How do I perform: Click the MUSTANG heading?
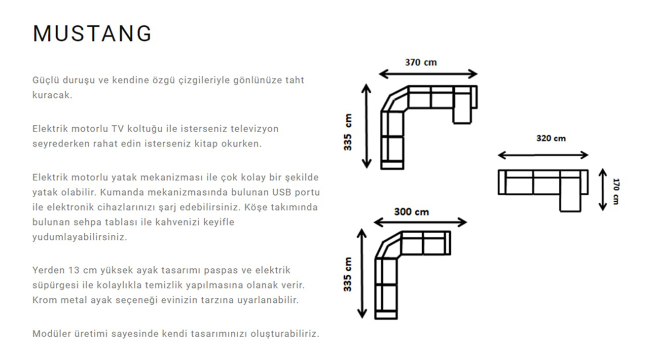(92, 34)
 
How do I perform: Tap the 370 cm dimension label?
(421, 63)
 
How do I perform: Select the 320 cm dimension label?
(551, 138)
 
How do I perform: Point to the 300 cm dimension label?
(411, 212)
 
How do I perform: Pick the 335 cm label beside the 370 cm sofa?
(348, 133)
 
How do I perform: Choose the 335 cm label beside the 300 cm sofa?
(348, 274)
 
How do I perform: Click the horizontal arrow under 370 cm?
(428, 74)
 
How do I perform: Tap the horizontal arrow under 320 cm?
(543, 155)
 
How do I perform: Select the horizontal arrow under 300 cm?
(420, 222)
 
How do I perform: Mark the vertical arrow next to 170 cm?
(602, 189)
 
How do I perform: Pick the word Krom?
(44, 300)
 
